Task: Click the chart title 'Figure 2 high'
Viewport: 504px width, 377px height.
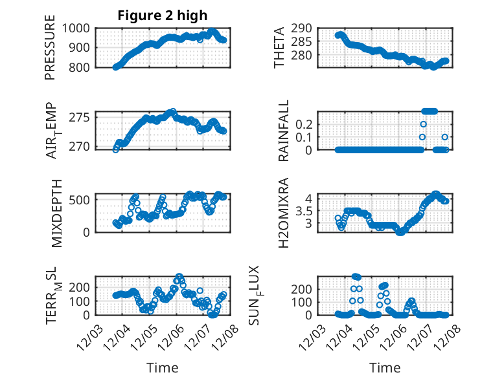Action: [x=163, y=16]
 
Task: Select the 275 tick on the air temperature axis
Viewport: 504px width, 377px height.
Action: [x=82, y=118]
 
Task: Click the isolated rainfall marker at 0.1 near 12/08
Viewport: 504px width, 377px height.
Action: [x=445, y=137]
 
